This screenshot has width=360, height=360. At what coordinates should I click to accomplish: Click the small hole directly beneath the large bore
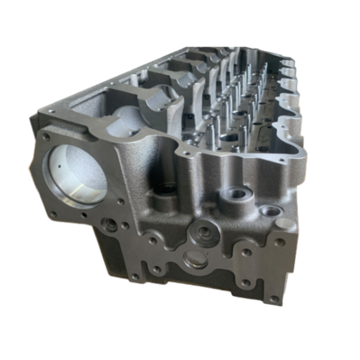pos(85,215)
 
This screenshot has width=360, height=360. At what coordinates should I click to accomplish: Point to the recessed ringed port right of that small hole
pos(109,224)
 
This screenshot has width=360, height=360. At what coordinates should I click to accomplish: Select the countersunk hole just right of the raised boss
pos(272,210)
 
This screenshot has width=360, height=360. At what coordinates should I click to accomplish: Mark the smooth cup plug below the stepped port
pos(194,258)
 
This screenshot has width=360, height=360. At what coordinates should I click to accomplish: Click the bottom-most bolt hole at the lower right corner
pos(273,298)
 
